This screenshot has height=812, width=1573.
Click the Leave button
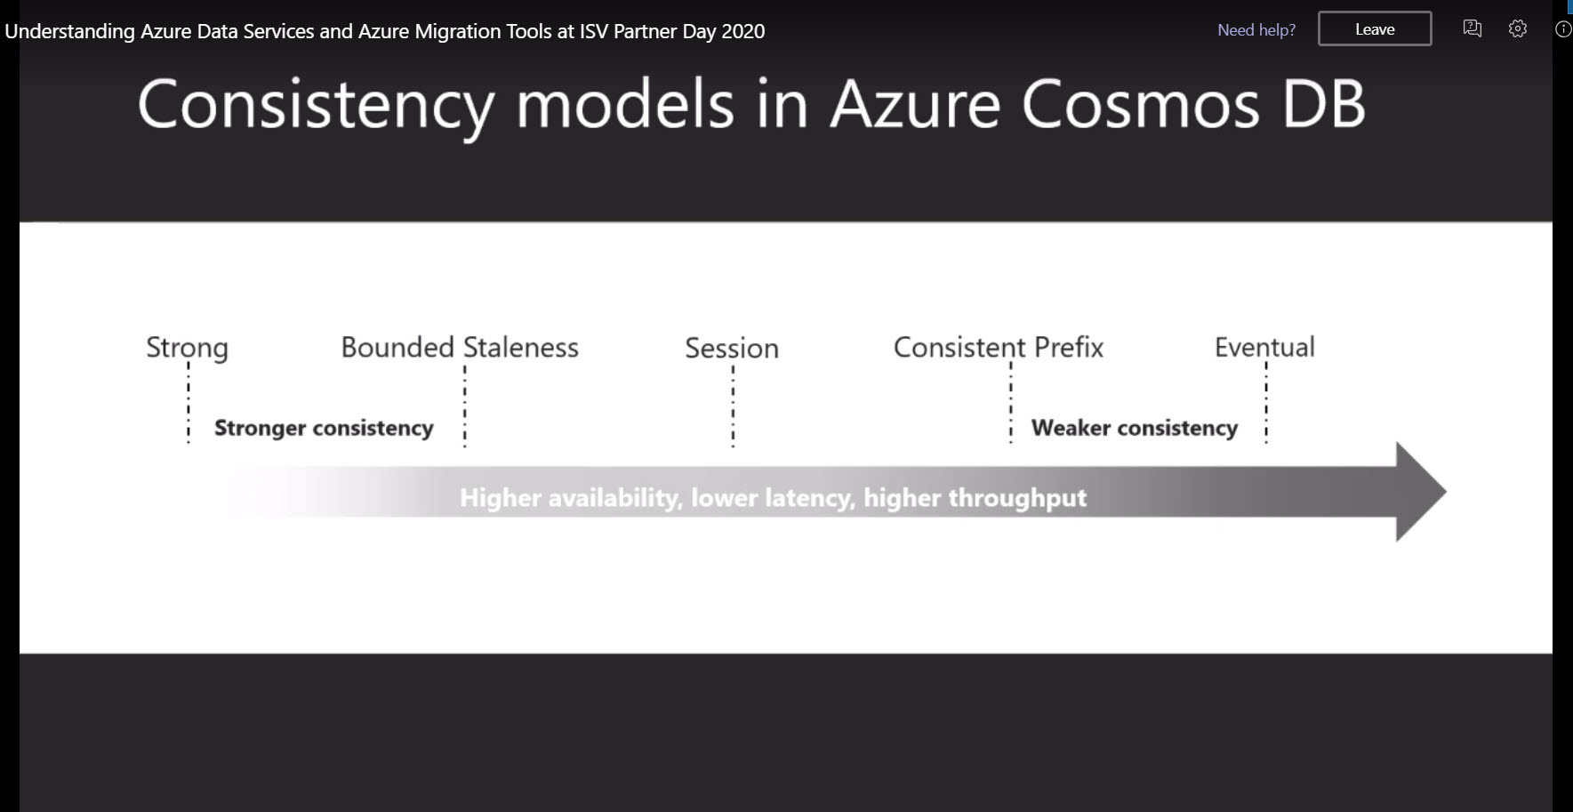(x=1375, y=28)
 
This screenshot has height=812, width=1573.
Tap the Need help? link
(x=1256, y=30)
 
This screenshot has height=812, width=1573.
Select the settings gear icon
(x=1518, y=28)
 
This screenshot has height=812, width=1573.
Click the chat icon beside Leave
(x=1473, y=28)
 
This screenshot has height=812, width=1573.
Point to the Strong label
(x=187, y=348)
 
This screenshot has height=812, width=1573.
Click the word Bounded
(x=397, y=347)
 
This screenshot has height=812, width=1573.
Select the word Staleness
(x=520, y=347)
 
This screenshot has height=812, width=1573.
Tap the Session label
(x=732, y=348)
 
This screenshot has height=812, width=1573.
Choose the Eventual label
(x=1264, y=347)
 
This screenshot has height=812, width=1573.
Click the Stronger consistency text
(x=324, y=428)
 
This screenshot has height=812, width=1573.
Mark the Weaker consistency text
(x=1135, y=428)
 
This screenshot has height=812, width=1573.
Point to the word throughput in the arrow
(x=1017, y=498)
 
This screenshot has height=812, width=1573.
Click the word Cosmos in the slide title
(x=1141, y=105)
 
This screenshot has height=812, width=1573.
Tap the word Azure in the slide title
(x=916, y=105)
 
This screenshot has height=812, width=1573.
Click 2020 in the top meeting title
(x=742, y=31)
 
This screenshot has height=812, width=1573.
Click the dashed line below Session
(x=733, y=405)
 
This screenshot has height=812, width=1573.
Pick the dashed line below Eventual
(x=1266, y=402)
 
